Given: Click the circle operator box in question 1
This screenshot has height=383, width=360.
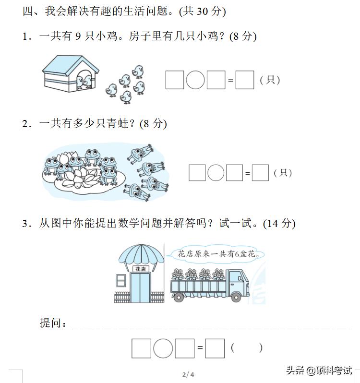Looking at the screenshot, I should [x=195, y=80].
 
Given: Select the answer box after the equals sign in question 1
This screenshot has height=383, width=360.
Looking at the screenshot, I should [x=245, y=80].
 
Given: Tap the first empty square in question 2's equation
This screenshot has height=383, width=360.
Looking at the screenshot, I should [x=197, y=173].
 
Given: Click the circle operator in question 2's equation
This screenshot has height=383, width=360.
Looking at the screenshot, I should [x=216, y=173].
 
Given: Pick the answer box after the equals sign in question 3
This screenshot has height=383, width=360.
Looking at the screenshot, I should [x=215, y=348].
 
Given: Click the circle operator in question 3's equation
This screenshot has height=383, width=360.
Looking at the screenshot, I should [x=163, y=348].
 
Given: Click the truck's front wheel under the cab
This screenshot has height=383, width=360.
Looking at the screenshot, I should [x=236, y=297].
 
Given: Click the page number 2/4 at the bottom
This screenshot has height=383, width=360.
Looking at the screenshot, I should [x=188, y=374].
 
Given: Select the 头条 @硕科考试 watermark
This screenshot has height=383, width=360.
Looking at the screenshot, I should [x=319, y=371].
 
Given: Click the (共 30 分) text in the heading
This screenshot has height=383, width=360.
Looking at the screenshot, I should [x=202, y=11].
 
